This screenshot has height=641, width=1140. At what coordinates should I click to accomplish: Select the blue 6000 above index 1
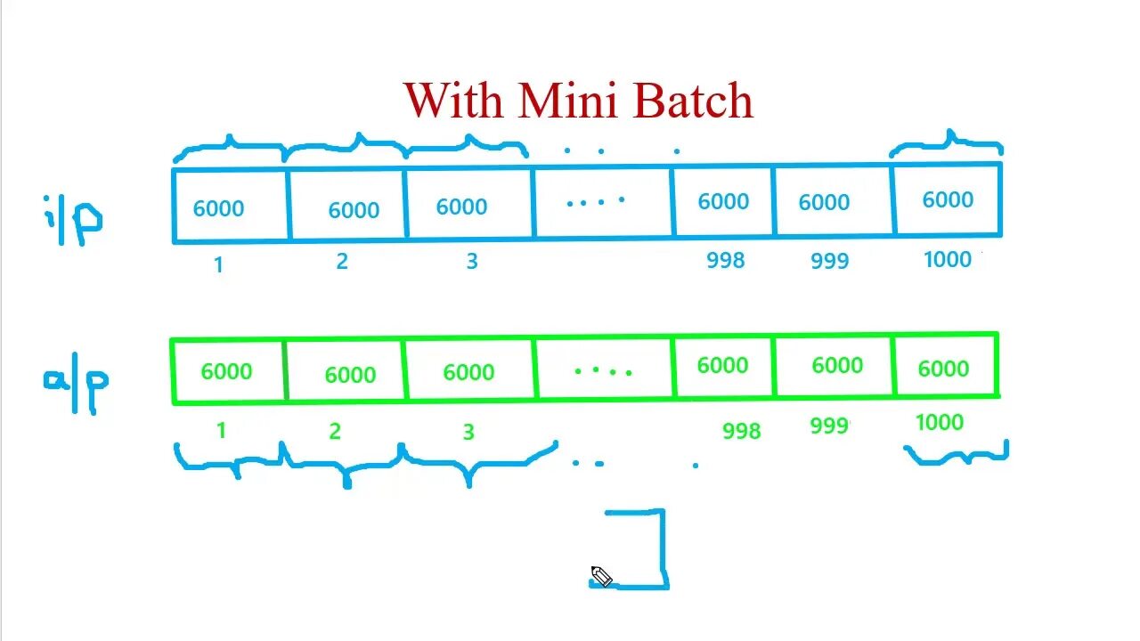[218, 208]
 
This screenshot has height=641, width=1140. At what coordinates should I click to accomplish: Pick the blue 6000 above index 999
[824, 202]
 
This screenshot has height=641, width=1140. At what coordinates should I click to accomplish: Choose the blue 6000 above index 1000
[948, 199]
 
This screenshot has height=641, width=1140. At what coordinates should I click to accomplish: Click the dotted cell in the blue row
[596, 202]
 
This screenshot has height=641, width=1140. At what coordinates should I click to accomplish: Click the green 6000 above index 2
[350, 375]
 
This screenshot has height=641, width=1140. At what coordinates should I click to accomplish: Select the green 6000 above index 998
[722, 365]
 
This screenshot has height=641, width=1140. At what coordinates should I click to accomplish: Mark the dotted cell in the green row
[603, 369]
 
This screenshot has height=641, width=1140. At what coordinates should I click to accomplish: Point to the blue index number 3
[472, 262]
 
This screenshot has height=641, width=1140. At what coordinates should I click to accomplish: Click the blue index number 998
[725, 260]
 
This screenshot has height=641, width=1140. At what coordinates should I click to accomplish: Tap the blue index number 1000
[948, 259]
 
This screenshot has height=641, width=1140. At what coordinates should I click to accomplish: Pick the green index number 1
[221, 431]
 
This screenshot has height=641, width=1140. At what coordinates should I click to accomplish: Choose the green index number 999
[829, 426]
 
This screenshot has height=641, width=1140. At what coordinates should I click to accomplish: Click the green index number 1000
[940, 423]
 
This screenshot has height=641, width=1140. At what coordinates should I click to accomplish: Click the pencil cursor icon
[601, 577]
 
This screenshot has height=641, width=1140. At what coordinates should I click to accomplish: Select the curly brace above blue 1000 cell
[947, 143]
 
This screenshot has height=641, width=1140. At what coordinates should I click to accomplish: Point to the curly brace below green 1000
[956, 457]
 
